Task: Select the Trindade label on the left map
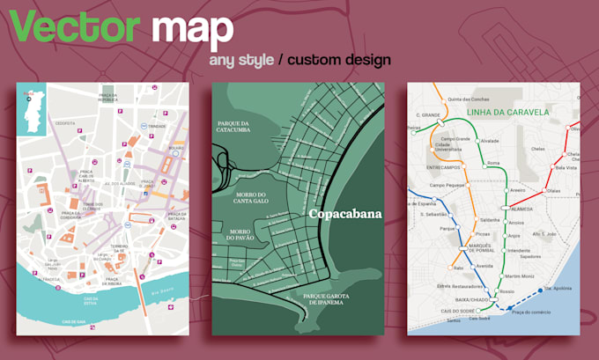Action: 158,126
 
